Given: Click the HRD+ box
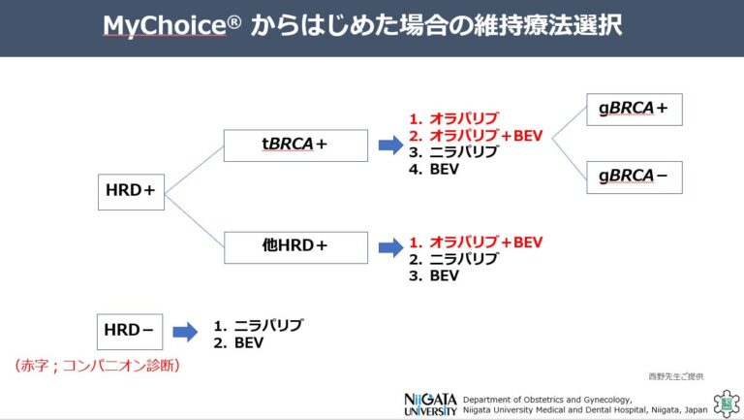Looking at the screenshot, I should click(x=131, y=191).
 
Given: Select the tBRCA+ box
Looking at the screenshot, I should click(x=295, y=145).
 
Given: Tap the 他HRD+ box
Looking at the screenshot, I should click(x=295, y=246).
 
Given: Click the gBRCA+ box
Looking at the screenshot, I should click(x=635, y=110).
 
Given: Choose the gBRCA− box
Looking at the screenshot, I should click(x=635, y=177).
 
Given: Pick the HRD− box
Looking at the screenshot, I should click(x=129, y=331).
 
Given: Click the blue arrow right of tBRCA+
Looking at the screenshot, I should click(x=390, y=145).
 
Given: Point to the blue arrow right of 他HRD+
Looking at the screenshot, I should click(x=390, y=246).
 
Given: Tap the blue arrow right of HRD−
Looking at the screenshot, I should click(x=184, y=332).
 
